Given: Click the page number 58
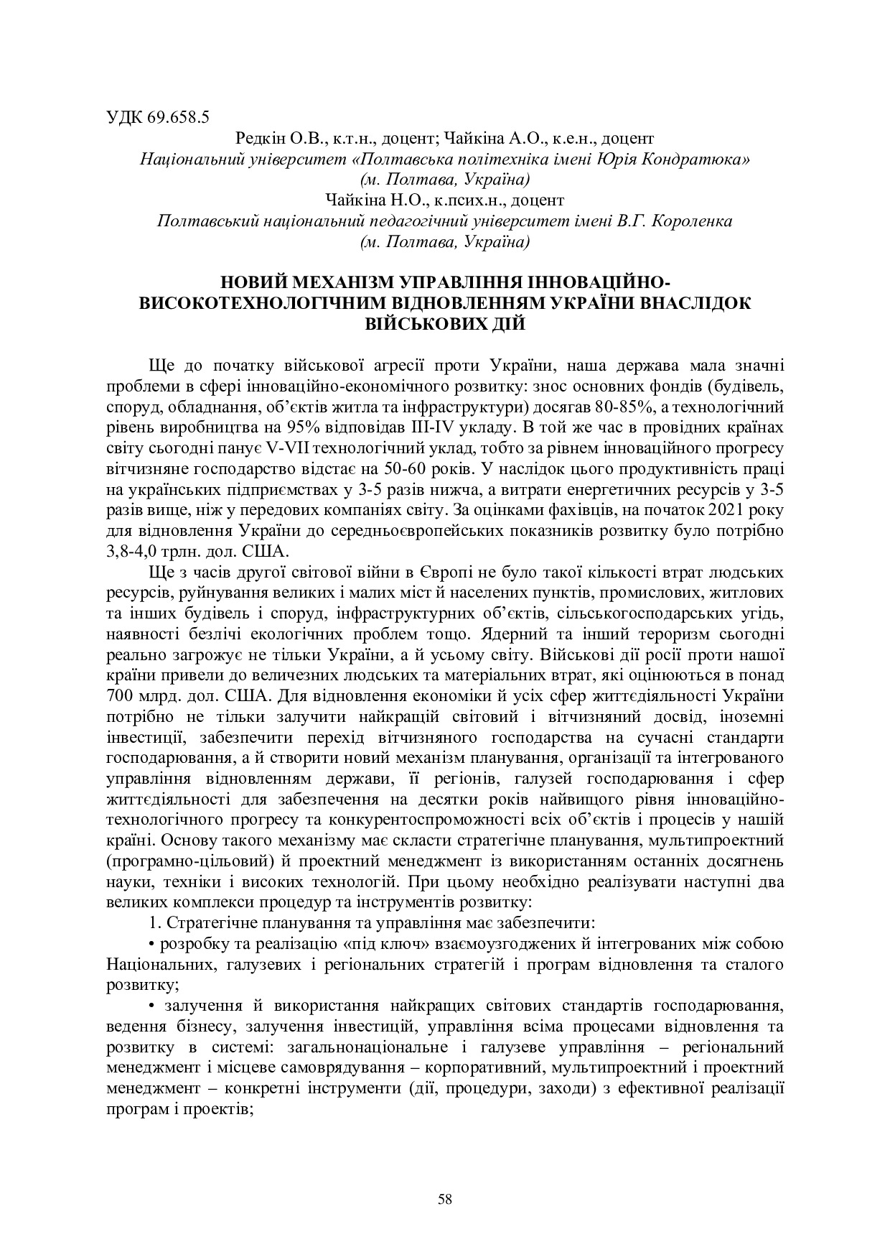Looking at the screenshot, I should click(445, 1198).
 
